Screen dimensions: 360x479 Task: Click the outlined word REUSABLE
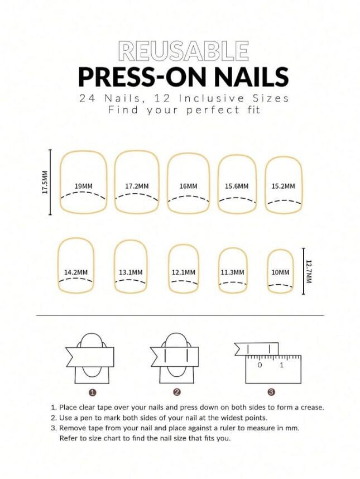pos(184,51)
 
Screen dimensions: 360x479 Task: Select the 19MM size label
pos(84,186)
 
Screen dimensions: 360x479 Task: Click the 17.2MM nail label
pos(137,186)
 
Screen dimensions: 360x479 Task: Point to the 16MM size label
pos(189,186)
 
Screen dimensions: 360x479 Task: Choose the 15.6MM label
pos(237,186)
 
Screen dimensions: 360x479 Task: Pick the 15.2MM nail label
pos(284,186)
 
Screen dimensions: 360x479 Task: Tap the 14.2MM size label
pos(76,272)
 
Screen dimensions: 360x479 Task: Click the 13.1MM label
pos(131,272)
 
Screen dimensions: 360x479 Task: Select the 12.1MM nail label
pos(183,272)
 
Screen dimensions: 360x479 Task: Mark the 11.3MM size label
pos(232,272)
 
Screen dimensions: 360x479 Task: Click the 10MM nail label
pos(280,272)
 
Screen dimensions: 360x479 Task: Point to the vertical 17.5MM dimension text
pos(45,183)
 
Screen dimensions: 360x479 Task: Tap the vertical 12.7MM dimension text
pos(309,271)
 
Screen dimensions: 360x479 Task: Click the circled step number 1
pos(93,392)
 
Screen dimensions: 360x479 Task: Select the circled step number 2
pos(177,392)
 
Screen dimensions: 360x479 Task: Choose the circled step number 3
pos(271,392)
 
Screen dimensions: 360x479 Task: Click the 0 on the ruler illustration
pos(260,365)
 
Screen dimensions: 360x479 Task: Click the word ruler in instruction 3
pos(228,428)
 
